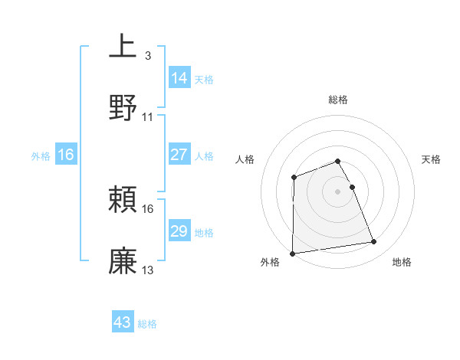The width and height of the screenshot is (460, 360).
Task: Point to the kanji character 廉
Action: click(x=123, y=260)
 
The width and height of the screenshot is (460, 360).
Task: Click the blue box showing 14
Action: click(x=179, y=77)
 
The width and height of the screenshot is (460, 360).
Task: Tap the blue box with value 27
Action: click(x=179, y=155)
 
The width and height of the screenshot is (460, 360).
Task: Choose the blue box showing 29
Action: click(x=179, y=231)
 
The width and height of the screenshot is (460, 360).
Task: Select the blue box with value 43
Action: click(x=123, y=322)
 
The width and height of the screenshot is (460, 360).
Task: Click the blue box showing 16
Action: click(x=66, y=155)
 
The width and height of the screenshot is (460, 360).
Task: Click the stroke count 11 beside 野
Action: click(x=148, y=117)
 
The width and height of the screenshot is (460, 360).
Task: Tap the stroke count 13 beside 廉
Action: click(x=148, y=270)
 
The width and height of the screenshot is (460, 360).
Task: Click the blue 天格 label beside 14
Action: click(x=204, y=79)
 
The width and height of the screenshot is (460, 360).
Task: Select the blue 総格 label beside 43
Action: click(x=147, y=324)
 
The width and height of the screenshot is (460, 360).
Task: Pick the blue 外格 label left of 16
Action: click(x=41, y=156)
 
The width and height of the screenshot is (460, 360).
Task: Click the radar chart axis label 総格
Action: click(x=338, y=100)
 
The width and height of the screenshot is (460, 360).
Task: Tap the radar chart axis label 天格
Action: click(x=432, y=159)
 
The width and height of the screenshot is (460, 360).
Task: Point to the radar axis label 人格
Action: click(x=245, y=159)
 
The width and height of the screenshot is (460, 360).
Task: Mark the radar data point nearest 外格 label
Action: click(x=292, y=253)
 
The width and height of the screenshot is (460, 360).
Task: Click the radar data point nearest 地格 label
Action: click(x=374, y=242)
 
